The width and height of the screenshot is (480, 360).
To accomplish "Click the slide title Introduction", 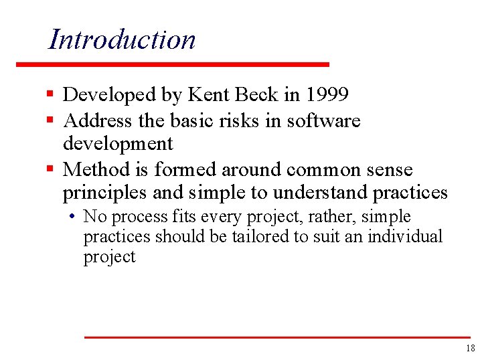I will (123, 39).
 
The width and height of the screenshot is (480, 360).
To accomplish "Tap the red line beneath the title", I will (173, 64).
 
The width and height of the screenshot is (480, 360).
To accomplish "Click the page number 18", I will (469, 348).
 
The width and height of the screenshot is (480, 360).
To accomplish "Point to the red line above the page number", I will (276, 337).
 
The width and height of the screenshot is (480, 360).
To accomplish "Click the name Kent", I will (208, 96).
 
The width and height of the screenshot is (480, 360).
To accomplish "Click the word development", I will (118, 144).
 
